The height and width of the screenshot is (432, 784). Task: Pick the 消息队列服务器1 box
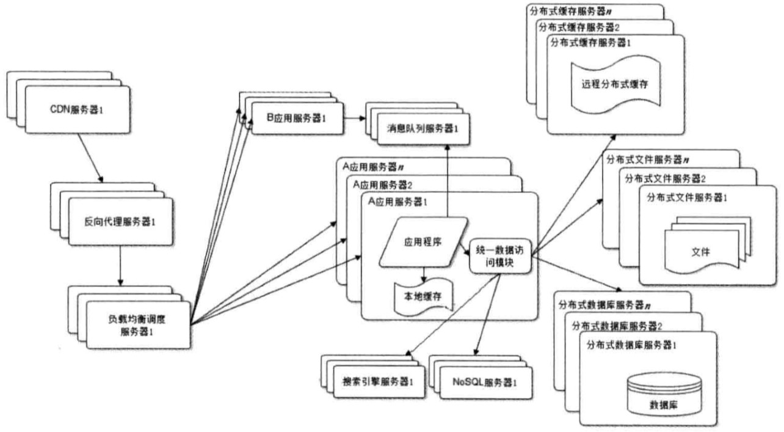pos(422,129)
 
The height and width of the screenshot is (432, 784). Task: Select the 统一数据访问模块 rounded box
pos(501,256)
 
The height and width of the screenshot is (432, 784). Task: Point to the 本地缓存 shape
pos(422,296)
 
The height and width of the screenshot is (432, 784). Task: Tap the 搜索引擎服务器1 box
pos(374,382)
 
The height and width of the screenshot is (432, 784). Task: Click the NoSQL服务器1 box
pos(484,382)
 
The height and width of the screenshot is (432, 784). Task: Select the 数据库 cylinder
pos(662,397)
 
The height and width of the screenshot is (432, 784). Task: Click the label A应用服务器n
pos(372,166)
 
